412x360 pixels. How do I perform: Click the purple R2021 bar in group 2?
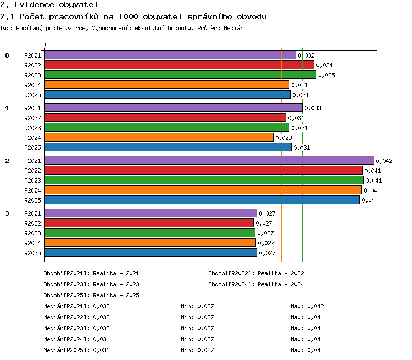click(209, 160)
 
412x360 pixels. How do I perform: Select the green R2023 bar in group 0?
click(180, 75)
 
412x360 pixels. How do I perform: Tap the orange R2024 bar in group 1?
click(159, 137)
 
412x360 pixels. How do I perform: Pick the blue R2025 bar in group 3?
click(151, 252)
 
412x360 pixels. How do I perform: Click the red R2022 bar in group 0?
click(179, 65)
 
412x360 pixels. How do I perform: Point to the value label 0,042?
click(384, 161)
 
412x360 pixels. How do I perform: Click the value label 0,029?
click(283, 138)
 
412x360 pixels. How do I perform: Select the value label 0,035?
click(327, 75)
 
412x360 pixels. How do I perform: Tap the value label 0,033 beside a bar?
click(313, 108)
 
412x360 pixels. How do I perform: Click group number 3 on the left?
click(7, 213)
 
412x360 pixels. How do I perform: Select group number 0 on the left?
click(7, 55)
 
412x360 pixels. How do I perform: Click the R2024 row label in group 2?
click(32, 190)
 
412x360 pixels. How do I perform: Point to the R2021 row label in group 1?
click(32, 108)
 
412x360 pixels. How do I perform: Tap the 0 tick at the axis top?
click(44, 44)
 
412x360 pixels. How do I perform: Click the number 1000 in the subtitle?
click(128, 17)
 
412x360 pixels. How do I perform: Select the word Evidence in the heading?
click(34, 5)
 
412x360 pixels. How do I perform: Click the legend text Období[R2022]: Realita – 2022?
click(256, 273)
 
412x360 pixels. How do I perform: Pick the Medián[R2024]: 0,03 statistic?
click(75, 339)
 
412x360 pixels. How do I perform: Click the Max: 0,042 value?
click(307, 306)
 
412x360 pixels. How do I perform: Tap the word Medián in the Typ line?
click(233, 28)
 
